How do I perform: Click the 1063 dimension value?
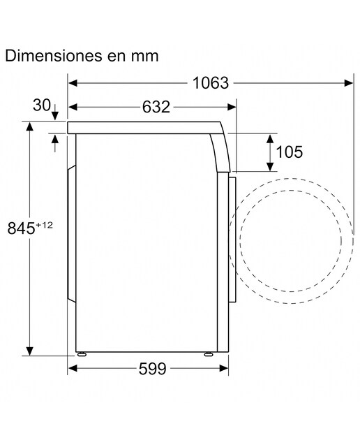pyautogui.click(x=211, y=83)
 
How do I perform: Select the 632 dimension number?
pyautogui.click(x=156, y=107)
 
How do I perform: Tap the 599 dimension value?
pyautogui.click(x=152, y=369)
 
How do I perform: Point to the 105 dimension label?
pyautogui.click(x=290, y=152)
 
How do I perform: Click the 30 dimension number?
pyautogui.click(x=42, y=105)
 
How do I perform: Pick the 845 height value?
pyautogui.click(x=21, y=228)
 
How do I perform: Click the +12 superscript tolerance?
pyautogui.click(x=44, y=225)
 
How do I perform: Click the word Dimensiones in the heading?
pyautogui.click(x=54, y=56)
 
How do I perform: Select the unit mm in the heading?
pyautogui.click(x=144, y=56)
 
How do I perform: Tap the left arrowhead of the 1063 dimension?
pyautogui.click(x=73, y=83)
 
